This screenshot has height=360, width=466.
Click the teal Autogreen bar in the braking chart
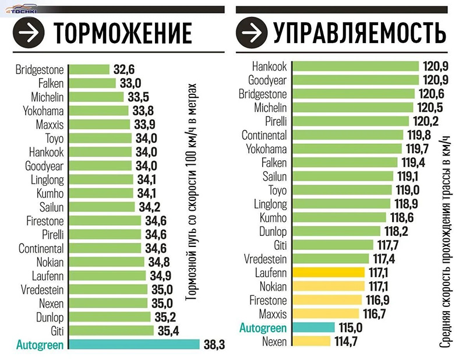tap(134, 345)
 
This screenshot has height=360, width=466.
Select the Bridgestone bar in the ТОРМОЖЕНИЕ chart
tap(89, 69)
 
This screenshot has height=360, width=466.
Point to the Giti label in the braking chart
tap(54, 331)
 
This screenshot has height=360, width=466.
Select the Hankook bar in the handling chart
tap(355, 66)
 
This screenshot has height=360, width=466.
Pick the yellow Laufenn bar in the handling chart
tap(327, 273)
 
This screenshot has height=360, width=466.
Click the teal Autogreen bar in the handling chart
tap(313, 329)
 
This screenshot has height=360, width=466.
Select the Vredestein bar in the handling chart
tap(330, 259)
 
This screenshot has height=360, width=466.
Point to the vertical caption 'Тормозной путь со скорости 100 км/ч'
tap(193, 192)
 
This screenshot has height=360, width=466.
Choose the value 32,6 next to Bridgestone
tap(124, 69)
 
